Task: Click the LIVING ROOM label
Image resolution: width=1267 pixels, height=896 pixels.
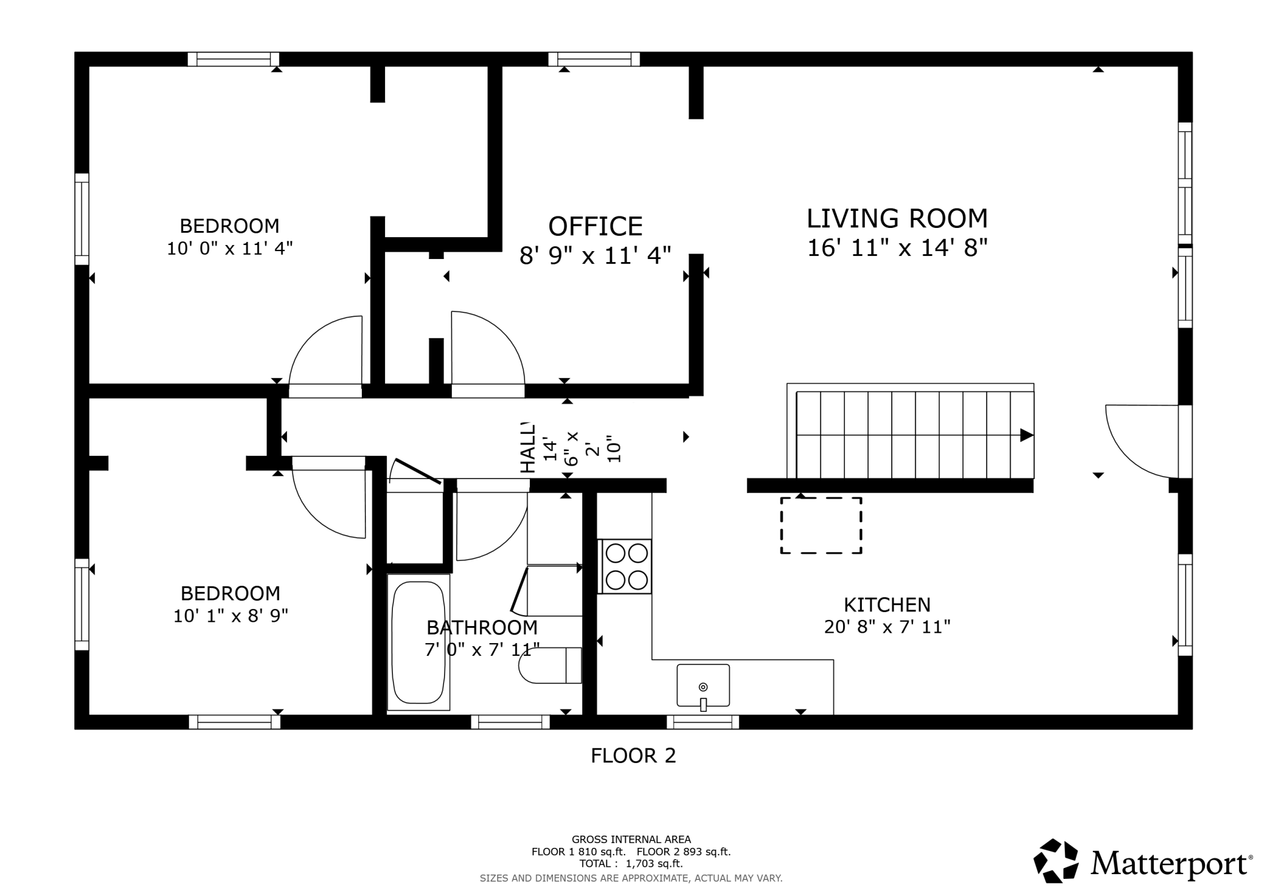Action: pos(897,218)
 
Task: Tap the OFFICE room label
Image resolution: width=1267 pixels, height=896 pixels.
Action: pos(595,226)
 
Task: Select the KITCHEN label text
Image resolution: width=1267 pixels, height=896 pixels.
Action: pos(887,605)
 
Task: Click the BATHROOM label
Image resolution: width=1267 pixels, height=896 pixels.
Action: pos(482,627)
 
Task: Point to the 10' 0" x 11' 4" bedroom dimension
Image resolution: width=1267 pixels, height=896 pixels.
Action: pos(230,249)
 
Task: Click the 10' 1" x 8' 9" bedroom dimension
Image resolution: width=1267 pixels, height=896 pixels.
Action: pos(230,616)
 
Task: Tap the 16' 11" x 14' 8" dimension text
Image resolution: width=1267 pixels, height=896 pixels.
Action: pos(897,248)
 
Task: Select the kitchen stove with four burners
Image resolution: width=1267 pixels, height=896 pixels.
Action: pos(626,566)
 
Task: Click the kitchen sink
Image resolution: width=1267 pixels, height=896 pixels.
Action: pos(703,686)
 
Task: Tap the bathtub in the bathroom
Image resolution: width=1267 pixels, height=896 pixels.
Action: pos(418,642)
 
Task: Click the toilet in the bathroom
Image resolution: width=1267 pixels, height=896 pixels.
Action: pos(550,666)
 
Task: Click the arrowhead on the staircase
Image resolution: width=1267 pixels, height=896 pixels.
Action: pos(1027,435)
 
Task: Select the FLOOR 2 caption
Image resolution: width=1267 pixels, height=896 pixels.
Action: pos(633,756)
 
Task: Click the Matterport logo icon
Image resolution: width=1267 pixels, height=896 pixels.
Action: pos(1056,861)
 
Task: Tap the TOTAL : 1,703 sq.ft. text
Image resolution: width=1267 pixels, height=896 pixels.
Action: pos(631,864)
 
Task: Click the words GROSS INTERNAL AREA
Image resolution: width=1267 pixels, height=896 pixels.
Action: pos(631,840)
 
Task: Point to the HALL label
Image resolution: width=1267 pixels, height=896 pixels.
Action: pos(528,448)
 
